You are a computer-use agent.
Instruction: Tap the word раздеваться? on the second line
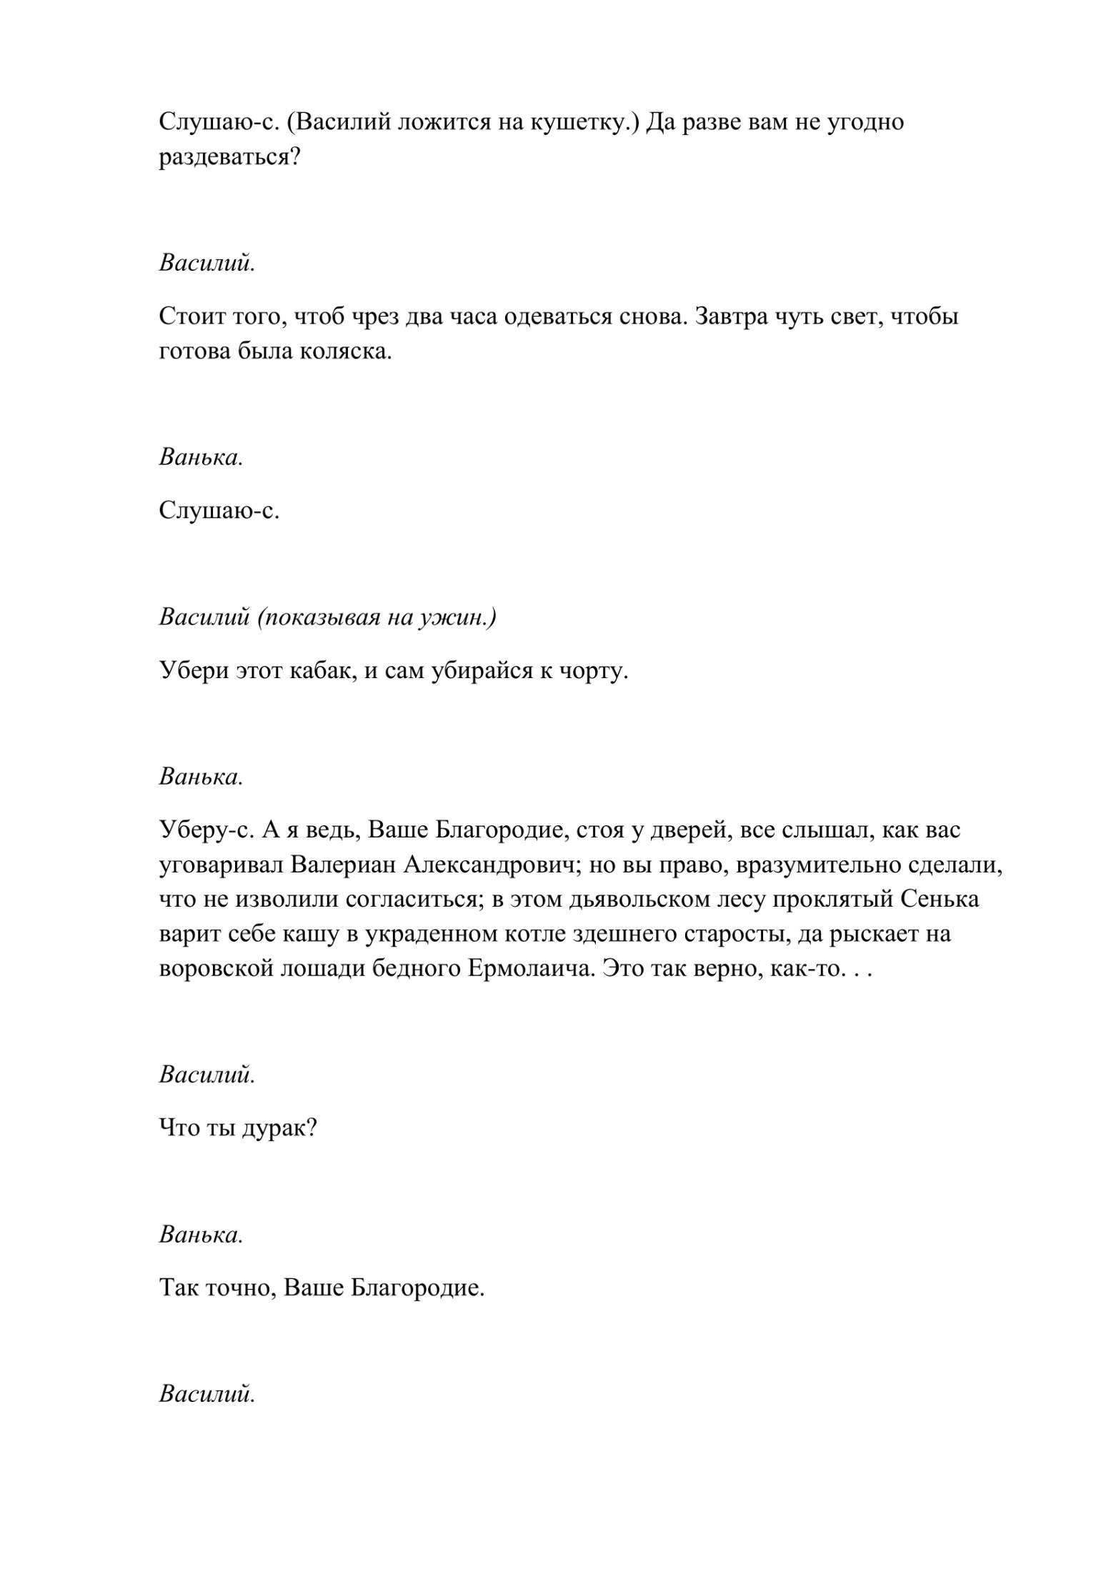(x=229, y=157)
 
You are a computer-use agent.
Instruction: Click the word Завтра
(x=731, y=317)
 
